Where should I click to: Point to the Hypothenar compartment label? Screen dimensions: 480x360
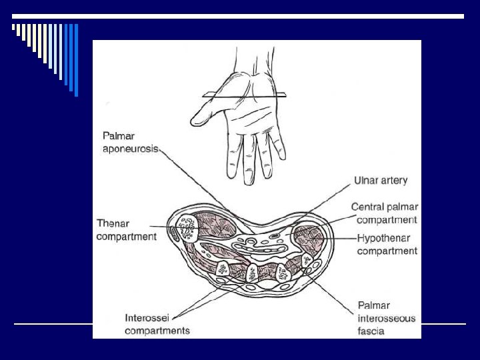387,244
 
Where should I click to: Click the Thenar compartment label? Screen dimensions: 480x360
126,230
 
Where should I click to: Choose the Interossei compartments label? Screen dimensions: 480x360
157,324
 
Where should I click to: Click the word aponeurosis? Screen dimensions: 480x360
129,149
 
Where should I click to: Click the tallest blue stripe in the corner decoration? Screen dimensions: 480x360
76,59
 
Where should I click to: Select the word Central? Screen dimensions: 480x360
370,208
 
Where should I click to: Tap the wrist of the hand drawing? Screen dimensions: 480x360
246,67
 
